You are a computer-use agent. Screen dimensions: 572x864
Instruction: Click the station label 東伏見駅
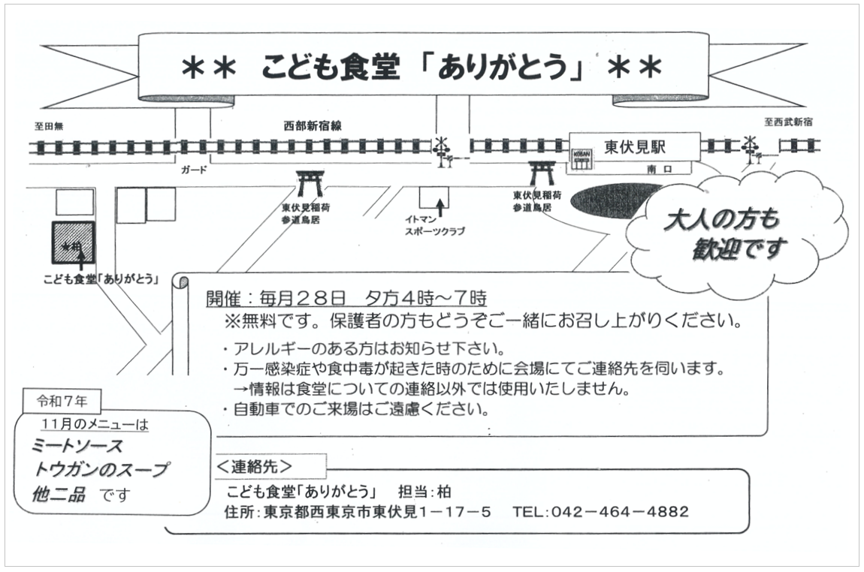click(x=635, y=146)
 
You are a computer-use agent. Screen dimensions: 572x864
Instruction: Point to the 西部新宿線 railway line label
click(x=313, y=126)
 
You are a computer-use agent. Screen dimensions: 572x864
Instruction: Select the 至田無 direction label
click(x=48, y=126)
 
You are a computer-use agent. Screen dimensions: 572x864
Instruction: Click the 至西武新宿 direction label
click(x=788, y=122)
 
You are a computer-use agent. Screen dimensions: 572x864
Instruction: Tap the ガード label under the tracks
click(x=193, y=170)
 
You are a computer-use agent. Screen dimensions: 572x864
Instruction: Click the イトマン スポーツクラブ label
click(x=434, y=225)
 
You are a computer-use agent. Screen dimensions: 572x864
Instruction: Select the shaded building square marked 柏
click(x=73, y=243)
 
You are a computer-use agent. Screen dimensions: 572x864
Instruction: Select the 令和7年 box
click(x=62, y=401)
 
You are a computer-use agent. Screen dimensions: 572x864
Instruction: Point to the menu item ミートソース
click(x=77, y=446)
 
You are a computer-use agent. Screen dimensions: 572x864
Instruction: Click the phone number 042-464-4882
click(x=601, y=512)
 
